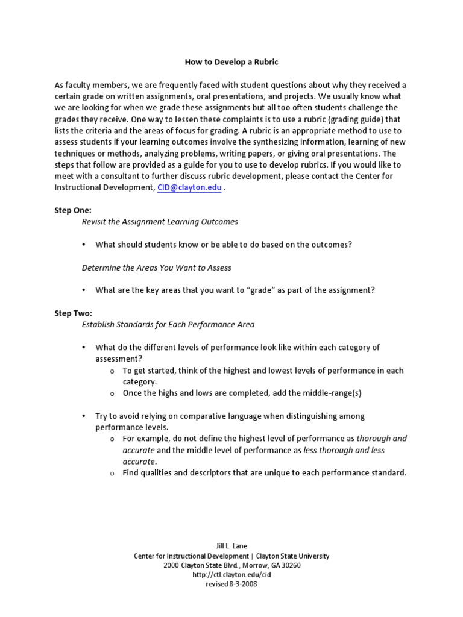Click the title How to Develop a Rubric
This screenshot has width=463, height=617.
(231, 62)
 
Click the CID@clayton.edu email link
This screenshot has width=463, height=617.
(189, 187)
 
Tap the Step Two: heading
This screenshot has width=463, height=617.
(73, 313)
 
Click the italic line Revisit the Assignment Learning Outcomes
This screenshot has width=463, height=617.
(160, 222)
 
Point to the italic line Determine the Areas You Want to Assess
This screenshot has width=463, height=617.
(156, 267)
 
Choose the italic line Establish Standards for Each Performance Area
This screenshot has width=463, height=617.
(168, 324)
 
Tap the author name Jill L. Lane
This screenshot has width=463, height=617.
(231, 545)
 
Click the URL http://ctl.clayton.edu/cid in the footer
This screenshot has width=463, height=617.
(231, 575)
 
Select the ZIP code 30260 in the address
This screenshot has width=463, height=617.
(291, 565)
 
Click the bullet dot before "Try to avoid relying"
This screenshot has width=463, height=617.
(84, 416)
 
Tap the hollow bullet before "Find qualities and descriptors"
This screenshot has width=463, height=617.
(112, 474)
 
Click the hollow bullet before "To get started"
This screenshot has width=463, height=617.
(112, 371)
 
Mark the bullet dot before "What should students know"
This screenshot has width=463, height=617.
(84, 245)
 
